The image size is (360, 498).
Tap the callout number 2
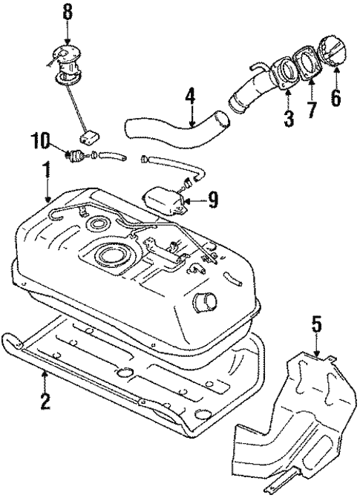(46, 402)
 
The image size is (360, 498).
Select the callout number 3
(288, 117)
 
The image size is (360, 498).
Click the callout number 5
(317, 324)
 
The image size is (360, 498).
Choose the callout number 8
(68, 12)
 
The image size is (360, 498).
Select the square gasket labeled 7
(304, 65)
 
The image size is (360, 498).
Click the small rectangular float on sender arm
(91, 139)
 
